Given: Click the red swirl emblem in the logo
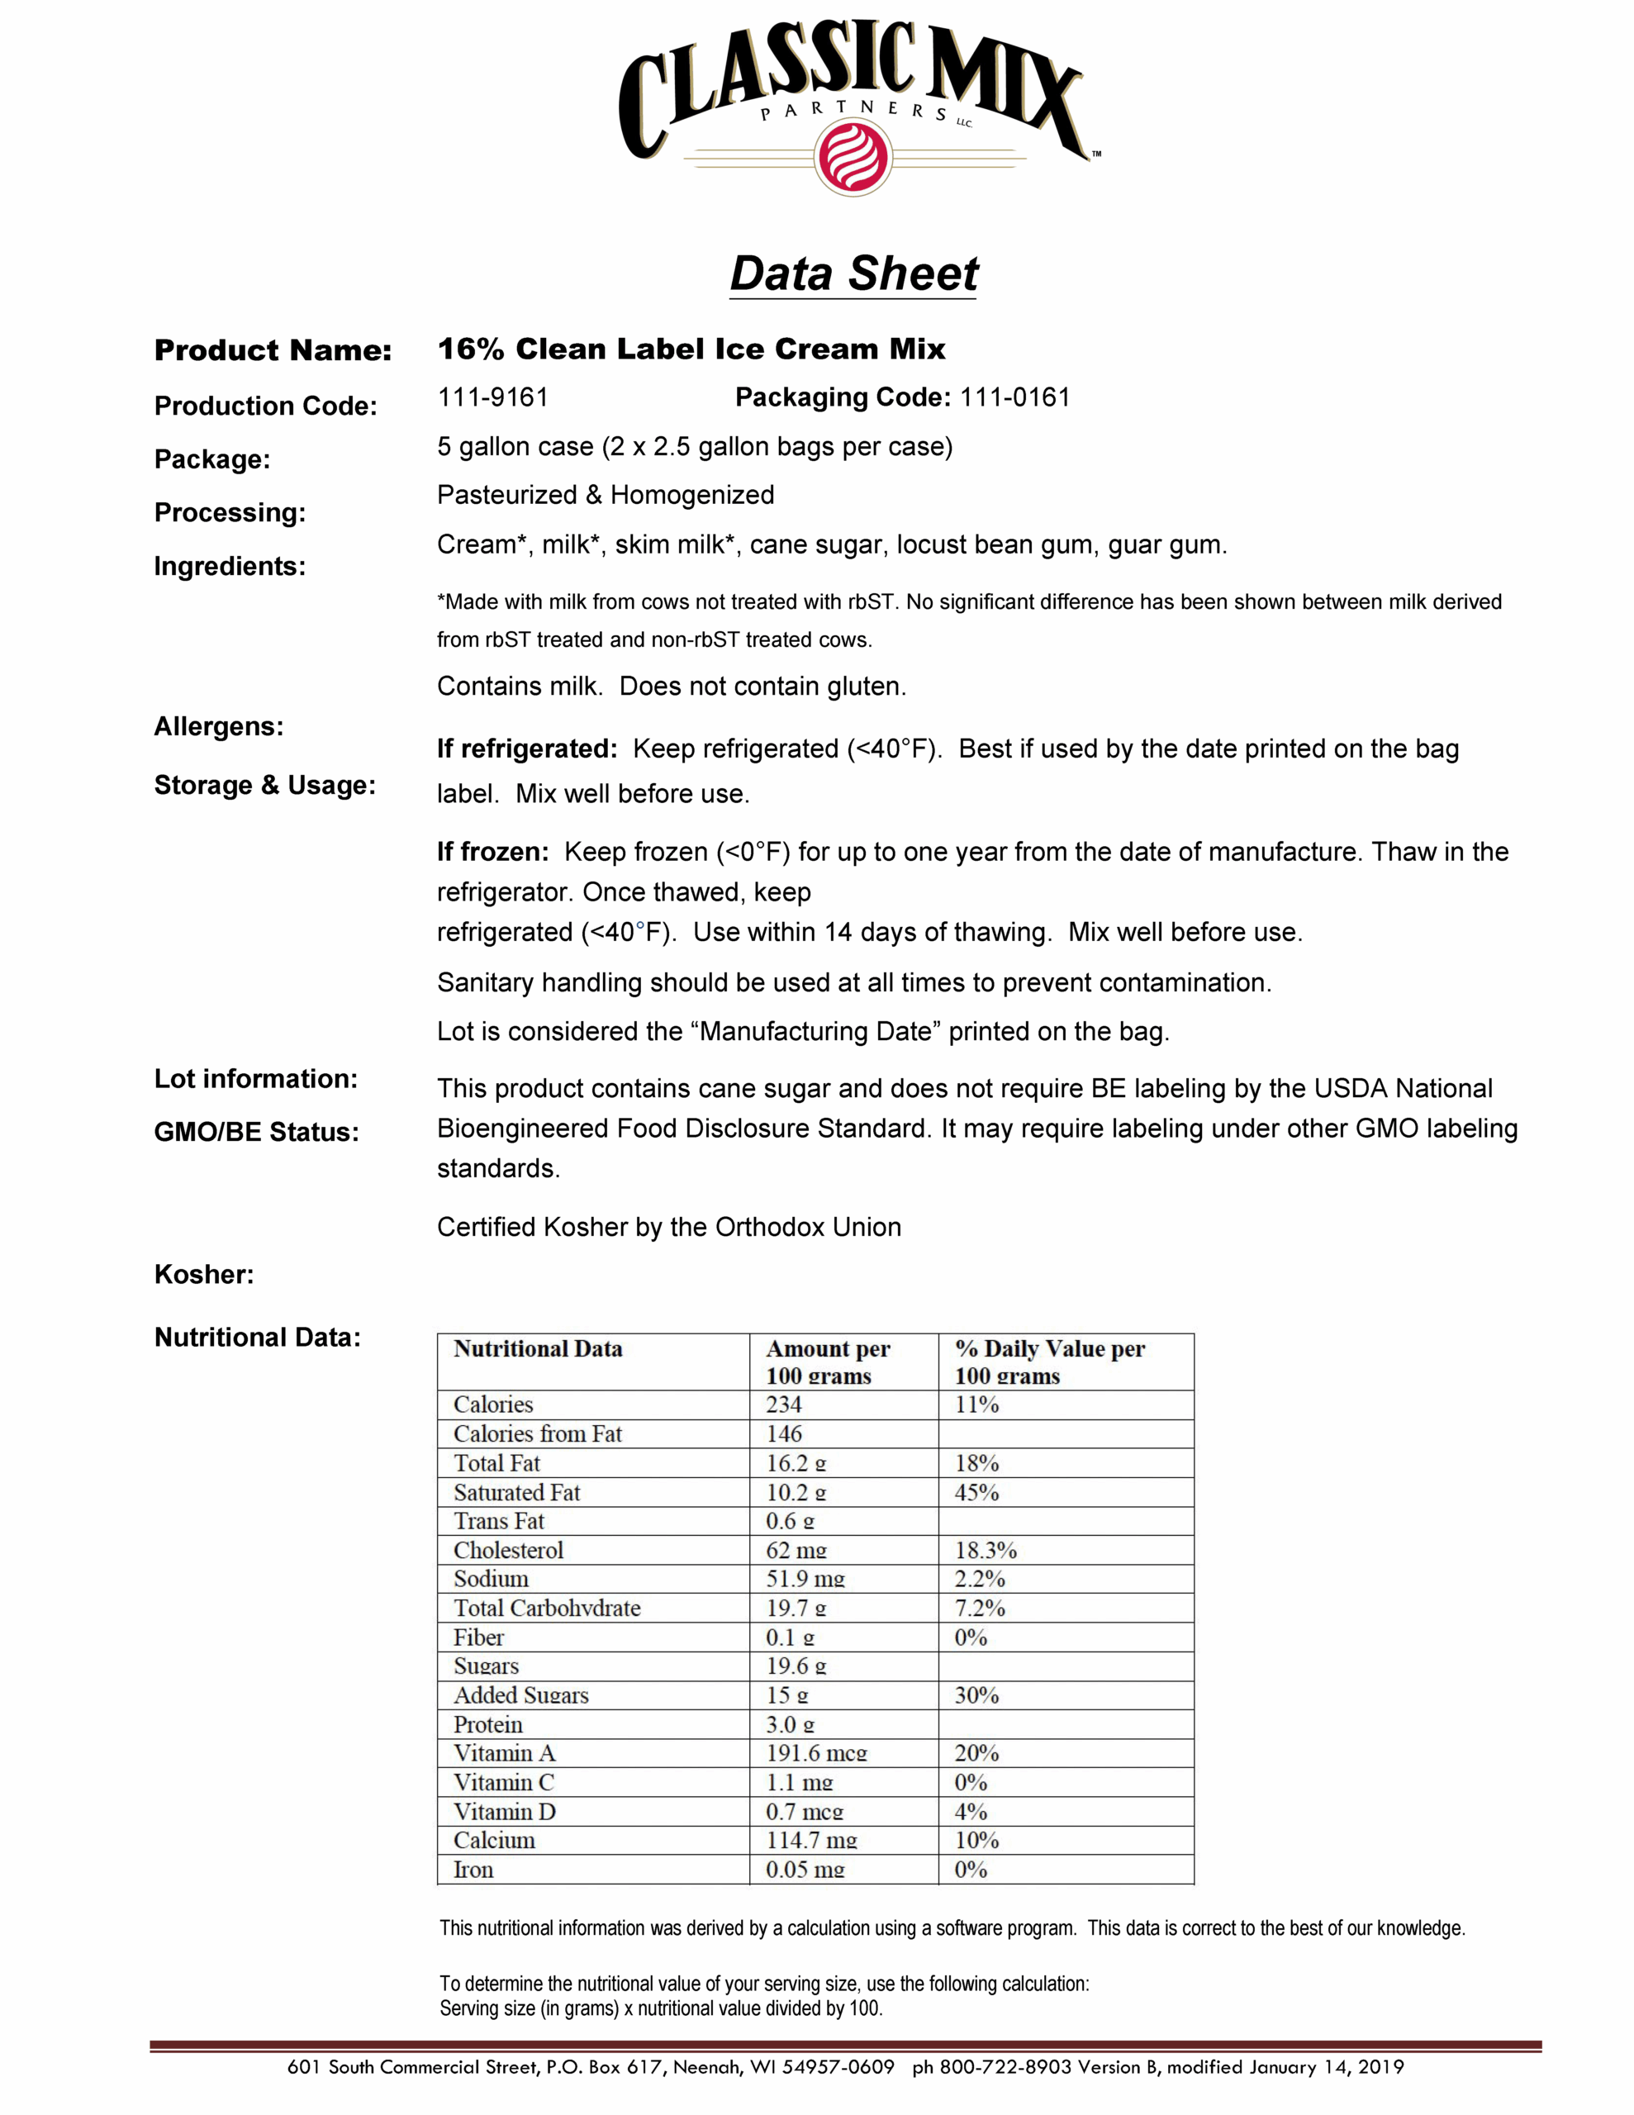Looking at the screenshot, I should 853,158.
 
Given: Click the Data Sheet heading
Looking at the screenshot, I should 853,273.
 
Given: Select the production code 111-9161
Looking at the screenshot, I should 493,397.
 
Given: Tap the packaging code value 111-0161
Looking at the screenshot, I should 1014,397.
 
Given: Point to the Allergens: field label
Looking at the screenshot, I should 219,726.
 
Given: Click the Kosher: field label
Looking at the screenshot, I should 204,1275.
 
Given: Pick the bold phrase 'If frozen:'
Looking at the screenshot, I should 492,853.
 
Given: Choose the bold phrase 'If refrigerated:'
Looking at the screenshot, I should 527,749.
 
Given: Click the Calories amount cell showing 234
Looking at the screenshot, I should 784,1405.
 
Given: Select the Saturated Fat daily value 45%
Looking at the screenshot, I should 976,1492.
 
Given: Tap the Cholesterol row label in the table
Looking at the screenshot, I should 509,1551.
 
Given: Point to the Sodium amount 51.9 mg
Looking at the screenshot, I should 805,1580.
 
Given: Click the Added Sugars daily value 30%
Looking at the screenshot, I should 976,1695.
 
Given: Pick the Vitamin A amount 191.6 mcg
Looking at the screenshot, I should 816,1754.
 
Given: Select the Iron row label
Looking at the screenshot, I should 473,1870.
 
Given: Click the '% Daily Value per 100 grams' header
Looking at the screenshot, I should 1049,1362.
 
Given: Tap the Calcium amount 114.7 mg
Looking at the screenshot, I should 812,1841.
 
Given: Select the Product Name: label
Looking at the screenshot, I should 273,350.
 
